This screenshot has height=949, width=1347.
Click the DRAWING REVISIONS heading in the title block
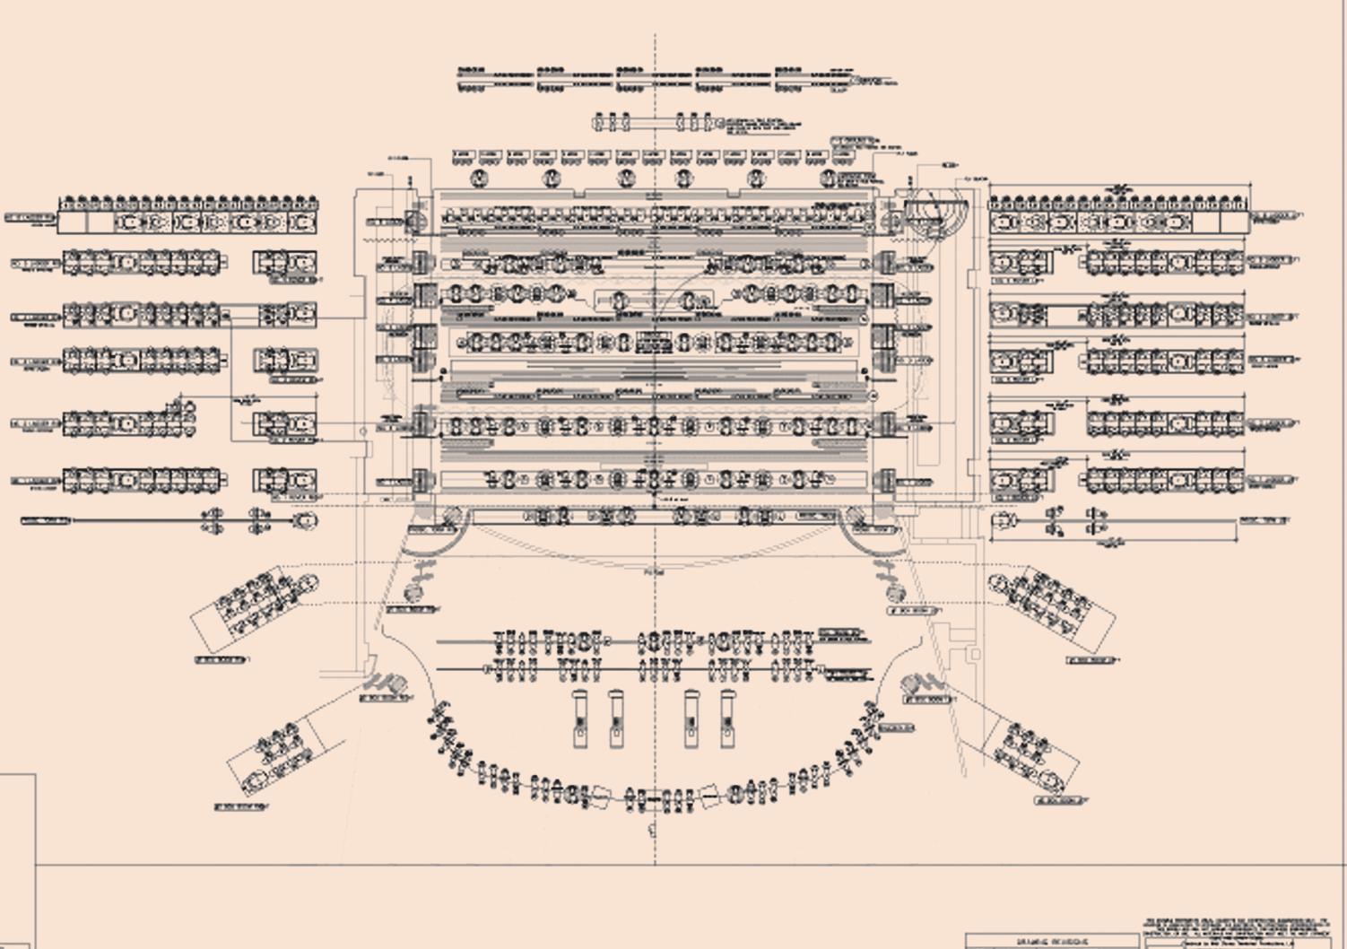coord(1051,942)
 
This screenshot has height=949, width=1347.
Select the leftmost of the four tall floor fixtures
coord(580,718)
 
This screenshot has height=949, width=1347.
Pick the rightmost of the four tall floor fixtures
coord(726,718)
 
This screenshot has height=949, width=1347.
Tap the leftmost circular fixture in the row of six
coord(479,178)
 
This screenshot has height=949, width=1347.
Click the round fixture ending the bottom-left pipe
coord(305,520)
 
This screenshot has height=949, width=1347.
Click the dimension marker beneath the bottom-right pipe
coord(1115,543)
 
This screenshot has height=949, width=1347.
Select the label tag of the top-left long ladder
coord(30,218)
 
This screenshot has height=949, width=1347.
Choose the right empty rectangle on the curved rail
coord(709,796)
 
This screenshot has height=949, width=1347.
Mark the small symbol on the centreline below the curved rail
coord(653,830)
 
